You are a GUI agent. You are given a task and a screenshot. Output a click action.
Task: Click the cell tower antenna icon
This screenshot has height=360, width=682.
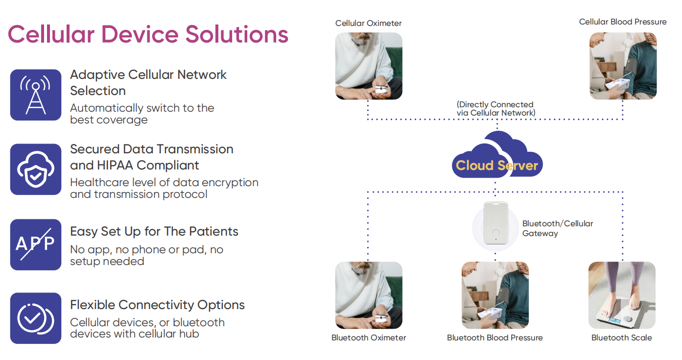click(36, 95)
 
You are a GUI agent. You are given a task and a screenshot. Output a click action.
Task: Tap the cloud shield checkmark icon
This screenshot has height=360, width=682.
click(36, 169)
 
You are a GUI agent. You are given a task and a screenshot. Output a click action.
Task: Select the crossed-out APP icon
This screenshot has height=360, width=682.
click(36, 244)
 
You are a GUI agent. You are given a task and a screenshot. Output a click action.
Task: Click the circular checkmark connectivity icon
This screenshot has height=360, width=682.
click(36, 318)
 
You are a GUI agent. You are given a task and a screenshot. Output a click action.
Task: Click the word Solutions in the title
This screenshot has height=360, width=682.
click(236, 34)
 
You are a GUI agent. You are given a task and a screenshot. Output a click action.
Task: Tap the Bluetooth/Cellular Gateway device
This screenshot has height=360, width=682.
click(495, 223)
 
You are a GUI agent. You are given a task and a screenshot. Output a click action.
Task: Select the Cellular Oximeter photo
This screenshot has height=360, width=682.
click(369, 66)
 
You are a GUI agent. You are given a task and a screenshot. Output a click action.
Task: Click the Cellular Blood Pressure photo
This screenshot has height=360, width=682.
click(623, 66)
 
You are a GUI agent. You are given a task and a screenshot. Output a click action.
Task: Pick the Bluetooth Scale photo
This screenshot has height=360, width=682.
click(622, 295)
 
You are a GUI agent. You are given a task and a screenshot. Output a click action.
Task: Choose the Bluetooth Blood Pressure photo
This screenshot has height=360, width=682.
click(495, 295)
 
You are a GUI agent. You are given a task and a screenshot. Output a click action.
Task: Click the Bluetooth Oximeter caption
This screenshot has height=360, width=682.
click(369, 337)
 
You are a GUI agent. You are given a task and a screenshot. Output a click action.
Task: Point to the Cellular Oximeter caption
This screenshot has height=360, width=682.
click(368, 23)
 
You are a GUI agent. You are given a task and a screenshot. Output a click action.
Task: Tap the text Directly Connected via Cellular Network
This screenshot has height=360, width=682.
click(495, 109)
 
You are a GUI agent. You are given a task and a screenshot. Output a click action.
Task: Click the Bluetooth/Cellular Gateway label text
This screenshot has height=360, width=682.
click(558, 228)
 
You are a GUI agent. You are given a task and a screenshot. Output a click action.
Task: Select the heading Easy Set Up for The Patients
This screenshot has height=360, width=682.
click(154, 232)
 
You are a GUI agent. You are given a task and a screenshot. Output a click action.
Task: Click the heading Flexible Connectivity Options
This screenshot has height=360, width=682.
click(158, 305)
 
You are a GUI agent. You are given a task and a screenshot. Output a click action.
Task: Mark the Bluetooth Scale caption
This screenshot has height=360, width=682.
click(622, 337)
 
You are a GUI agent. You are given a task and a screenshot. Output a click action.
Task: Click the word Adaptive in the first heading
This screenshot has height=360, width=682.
click(97, 75)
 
